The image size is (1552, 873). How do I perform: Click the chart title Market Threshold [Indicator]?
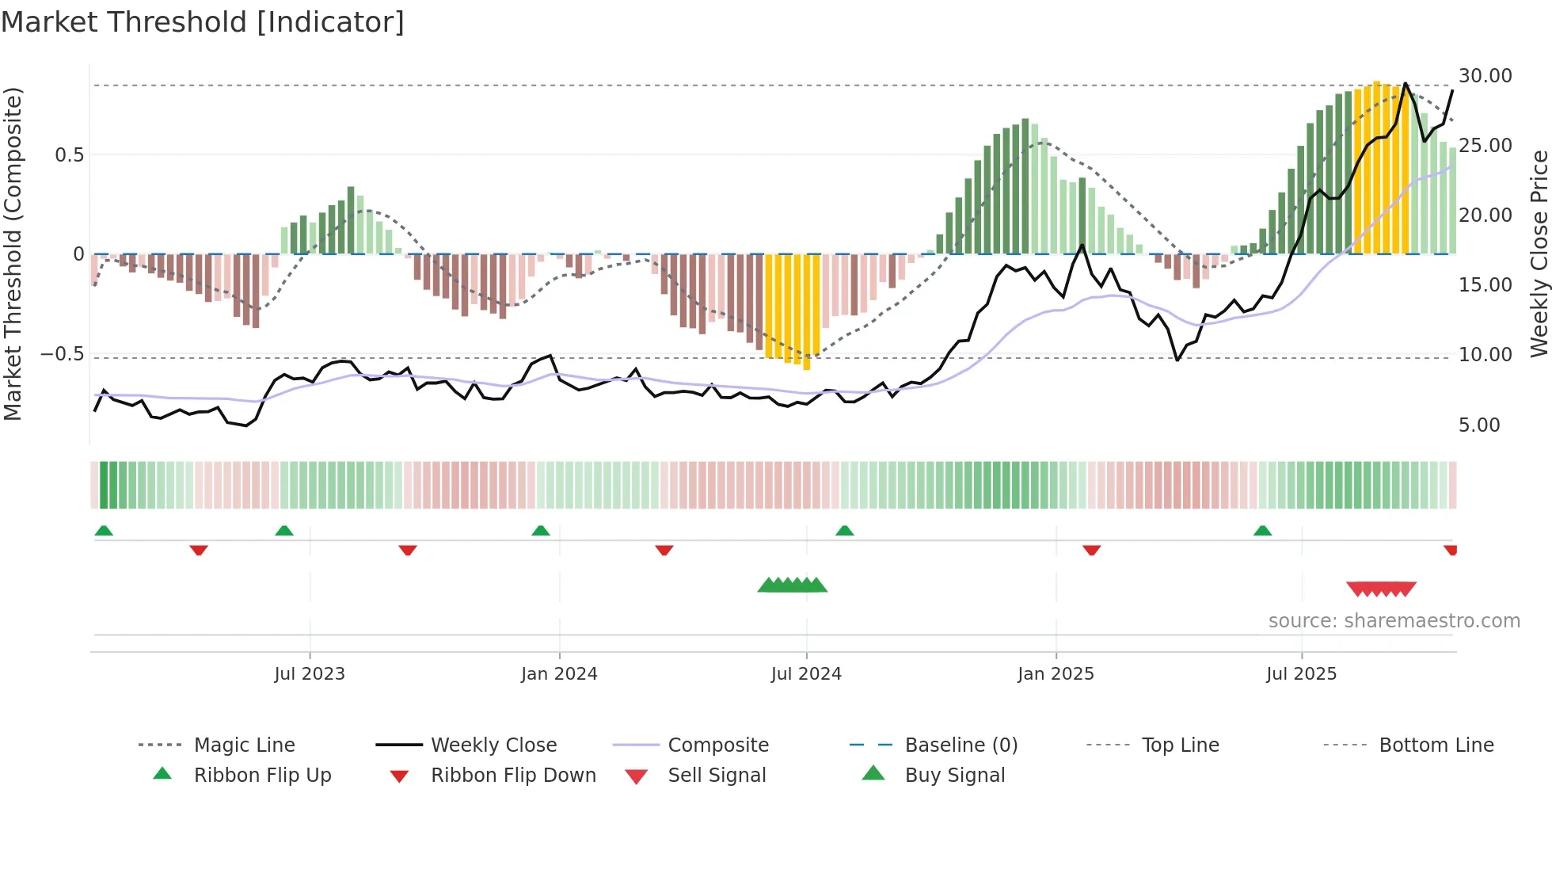[203, 22]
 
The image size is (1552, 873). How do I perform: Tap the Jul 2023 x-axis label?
[310, 674]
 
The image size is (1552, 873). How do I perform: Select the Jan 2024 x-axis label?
[559, 674]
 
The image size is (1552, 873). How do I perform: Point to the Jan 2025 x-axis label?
[1056, 674]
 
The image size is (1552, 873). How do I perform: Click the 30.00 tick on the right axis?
[1485, 76]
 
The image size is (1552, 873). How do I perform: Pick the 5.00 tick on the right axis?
[1479, 425]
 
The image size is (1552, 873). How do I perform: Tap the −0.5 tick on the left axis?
[62, 354]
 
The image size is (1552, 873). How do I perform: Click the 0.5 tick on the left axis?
[69, 155]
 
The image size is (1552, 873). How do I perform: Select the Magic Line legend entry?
[244, 745]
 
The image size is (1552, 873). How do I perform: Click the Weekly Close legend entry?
[493, 745]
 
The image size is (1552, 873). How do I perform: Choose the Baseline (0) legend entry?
[960, 745]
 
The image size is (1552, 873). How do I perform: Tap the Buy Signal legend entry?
[954, 776]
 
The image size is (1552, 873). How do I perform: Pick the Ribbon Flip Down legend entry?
[512, 776]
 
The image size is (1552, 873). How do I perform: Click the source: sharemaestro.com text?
[1394, 621]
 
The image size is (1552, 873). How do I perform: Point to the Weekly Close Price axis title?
[1539, 254]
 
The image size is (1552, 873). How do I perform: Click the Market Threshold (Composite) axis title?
[13, 254]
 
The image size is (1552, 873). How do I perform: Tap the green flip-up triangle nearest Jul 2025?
[1262, 531]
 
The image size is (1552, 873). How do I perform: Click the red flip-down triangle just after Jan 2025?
[1091, 550]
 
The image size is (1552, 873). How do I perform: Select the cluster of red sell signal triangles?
[1381, 589]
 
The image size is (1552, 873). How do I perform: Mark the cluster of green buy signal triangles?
[792, 585]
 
